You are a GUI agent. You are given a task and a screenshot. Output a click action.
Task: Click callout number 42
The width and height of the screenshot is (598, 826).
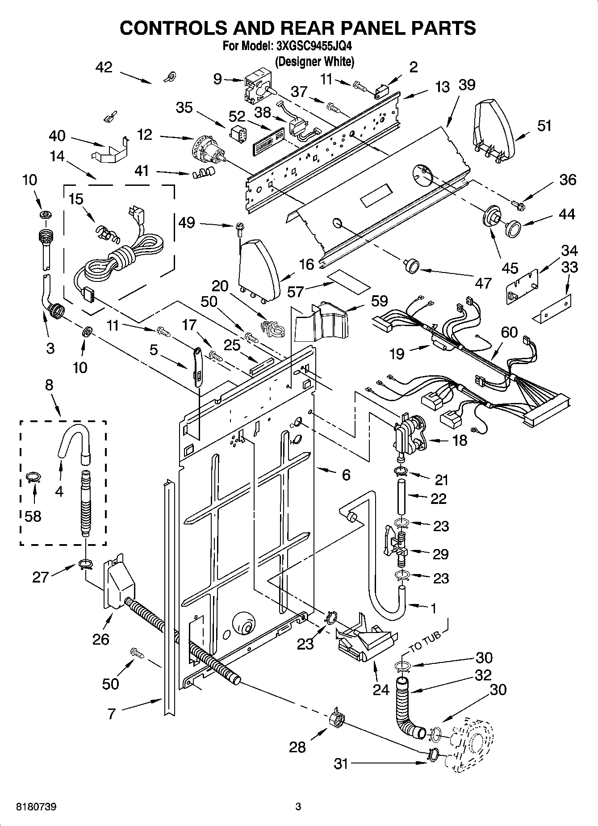(x=104, y=67)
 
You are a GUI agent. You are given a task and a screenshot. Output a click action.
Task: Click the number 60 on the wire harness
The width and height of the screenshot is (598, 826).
(x=509, y=332)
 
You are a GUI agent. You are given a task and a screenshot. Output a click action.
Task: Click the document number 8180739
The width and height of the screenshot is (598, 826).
(x=29, y=807)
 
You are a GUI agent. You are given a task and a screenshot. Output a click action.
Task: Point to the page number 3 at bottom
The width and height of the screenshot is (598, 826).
(x=298, y=807)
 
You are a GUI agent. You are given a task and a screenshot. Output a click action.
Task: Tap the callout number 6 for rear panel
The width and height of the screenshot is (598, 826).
(x=346, y=475)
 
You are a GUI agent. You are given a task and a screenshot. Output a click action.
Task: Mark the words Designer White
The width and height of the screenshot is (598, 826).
(x=314, y=62)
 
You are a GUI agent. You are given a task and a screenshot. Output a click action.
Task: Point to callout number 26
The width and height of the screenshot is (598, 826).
(x=101, y=639)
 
